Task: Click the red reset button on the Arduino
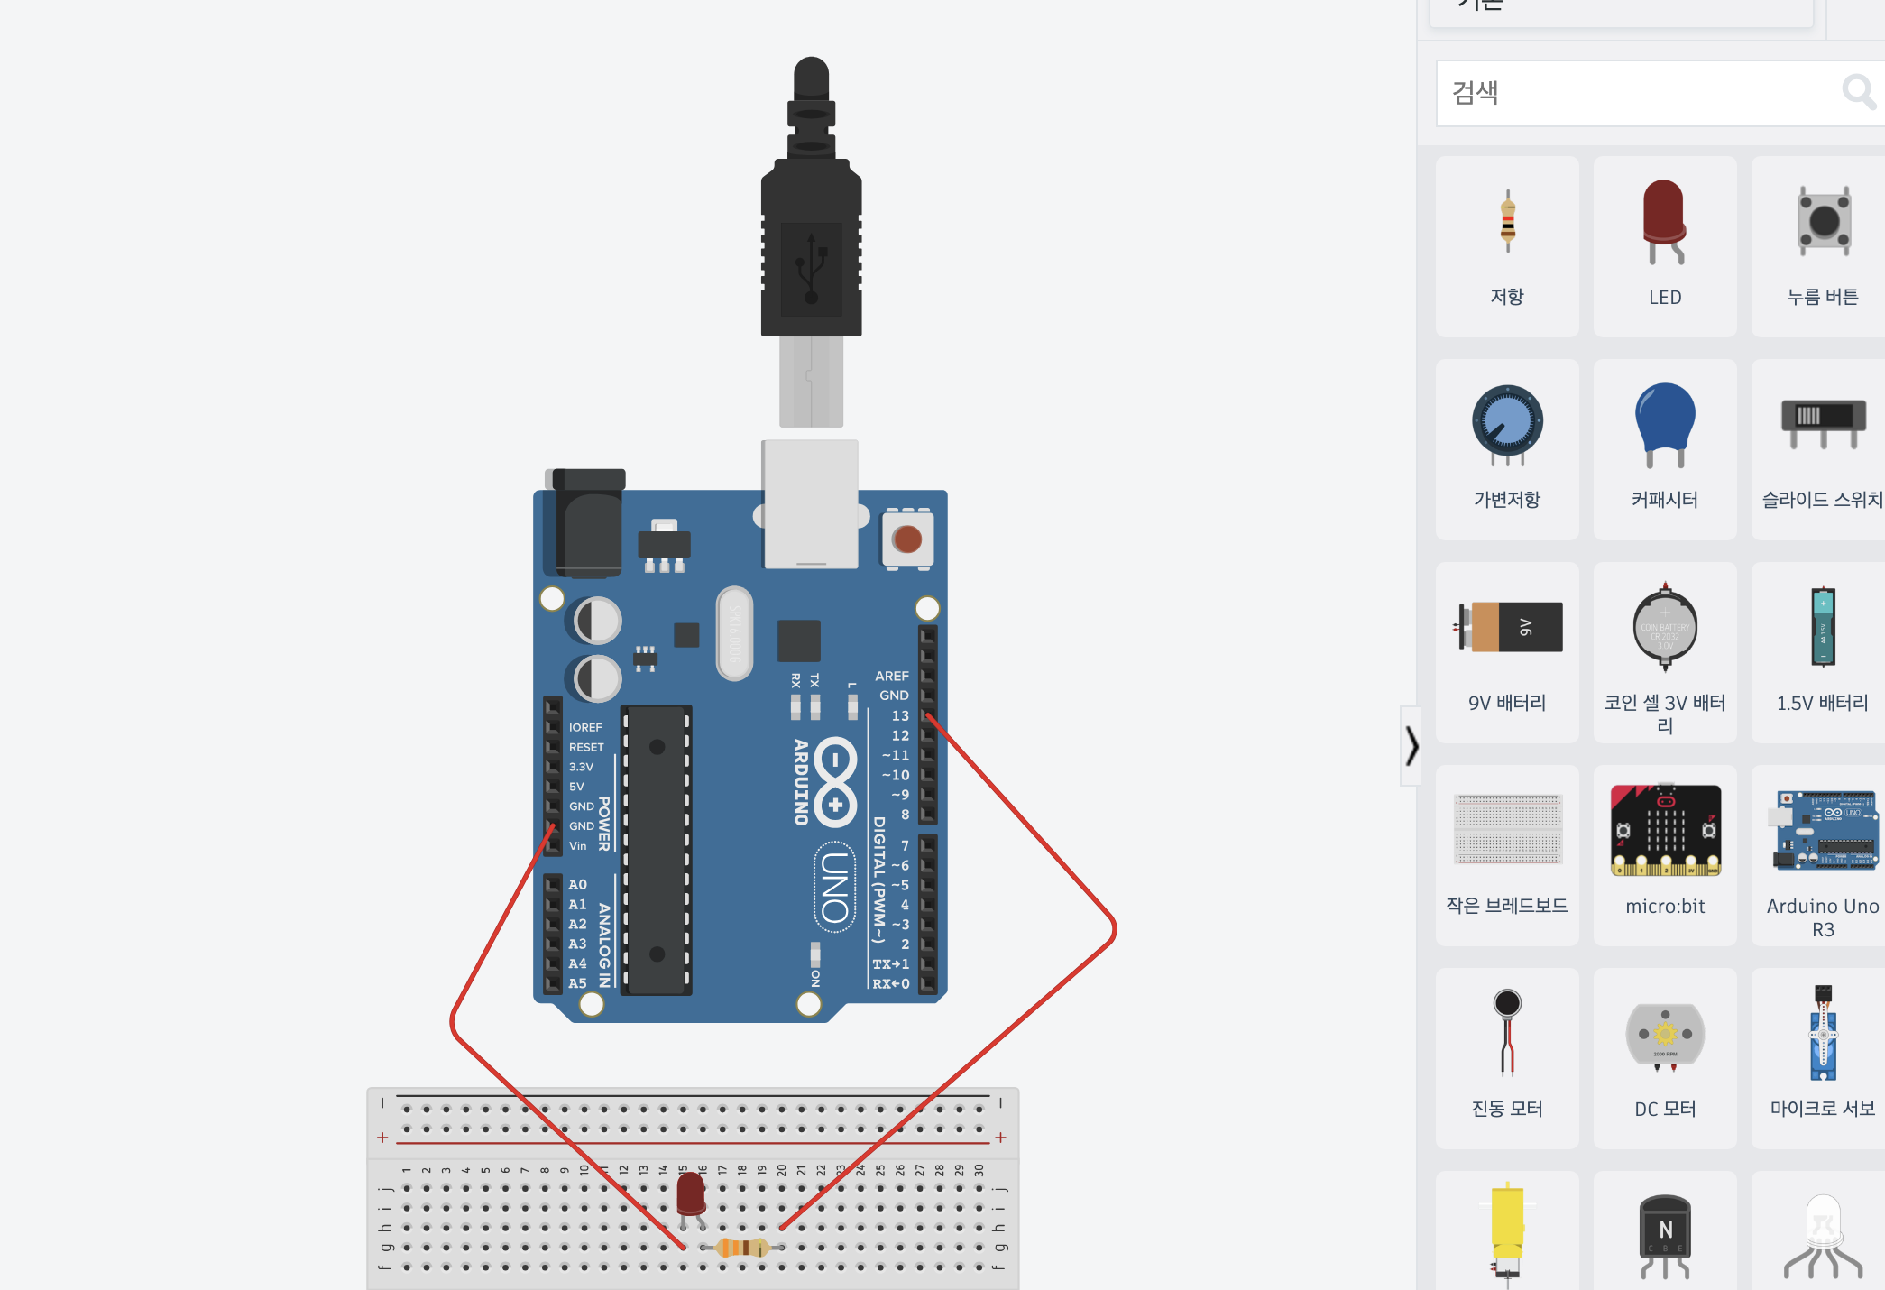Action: point(906,539)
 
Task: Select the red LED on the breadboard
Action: point(691,1194)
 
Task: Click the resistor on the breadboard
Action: point(741,1248)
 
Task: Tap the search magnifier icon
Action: point(1858,92)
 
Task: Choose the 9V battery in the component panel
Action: point(1508,627)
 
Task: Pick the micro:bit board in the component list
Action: point(1665,830)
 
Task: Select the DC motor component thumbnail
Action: point(1665,1035)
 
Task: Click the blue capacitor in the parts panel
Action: point(1665,419)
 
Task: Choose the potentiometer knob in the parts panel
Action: point(1507,422)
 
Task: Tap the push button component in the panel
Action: point(1824,220)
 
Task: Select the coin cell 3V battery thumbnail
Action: point(1665,627)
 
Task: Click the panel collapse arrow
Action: point(1411,746)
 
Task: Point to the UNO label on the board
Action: point(835,888)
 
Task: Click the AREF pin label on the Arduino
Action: point(891,676)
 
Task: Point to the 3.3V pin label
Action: point(581,767)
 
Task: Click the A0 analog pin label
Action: point(577,884)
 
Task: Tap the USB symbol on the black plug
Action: point(811,268)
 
